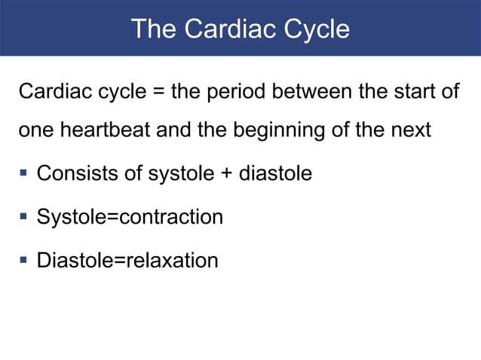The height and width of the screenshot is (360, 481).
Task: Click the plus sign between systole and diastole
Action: [x=226, y=174]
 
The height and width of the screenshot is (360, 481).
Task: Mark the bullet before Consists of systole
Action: [x=23, y=174]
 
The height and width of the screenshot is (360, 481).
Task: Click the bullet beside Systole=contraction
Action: [x=23, y=218]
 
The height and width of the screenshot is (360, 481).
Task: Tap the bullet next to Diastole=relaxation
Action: [x=23, y=261]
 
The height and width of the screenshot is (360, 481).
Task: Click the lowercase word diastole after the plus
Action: [x=275, y=174]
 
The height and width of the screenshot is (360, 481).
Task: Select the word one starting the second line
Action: [x=33, y=130]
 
